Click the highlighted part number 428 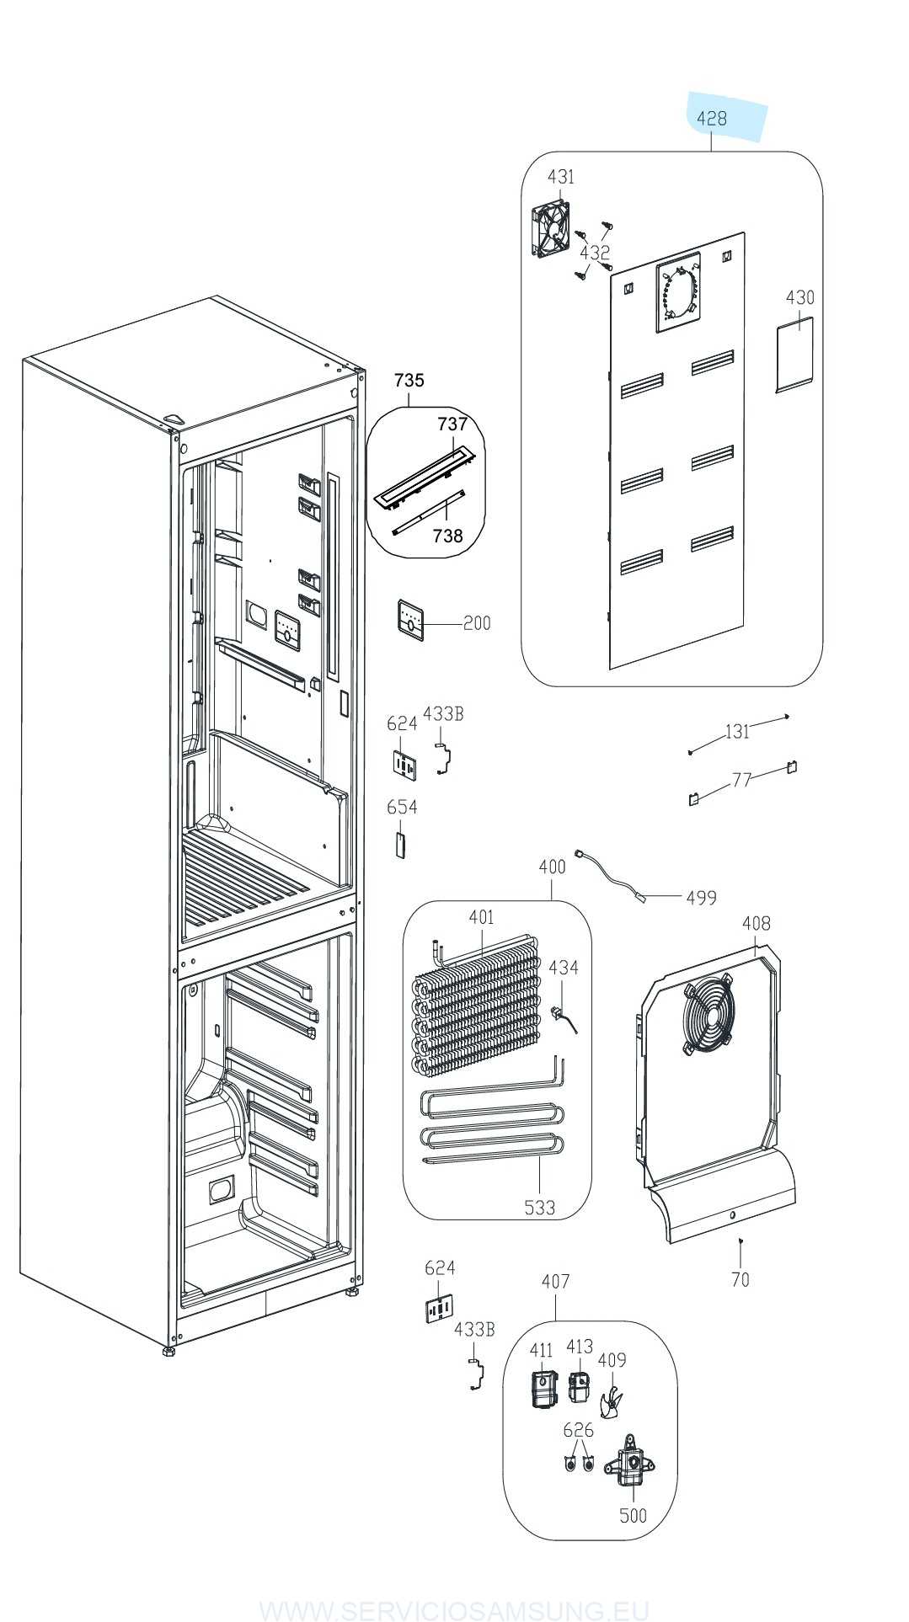[x=712, y=119]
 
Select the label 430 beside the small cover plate [x=799, y=297]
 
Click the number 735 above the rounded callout [x=409, y=380]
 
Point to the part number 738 [x=447, y=536]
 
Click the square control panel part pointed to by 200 [x=410, y=621]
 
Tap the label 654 [x=402, y=807]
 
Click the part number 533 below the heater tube [x=539, y=1208]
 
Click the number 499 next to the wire [x=701, y=898]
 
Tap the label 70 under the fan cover [x=740, y=1280]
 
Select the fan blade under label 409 [x=612, y=1403]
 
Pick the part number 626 [x=578, y=1430]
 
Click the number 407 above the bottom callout [x=555, y=1281]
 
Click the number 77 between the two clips [x=741, y=780]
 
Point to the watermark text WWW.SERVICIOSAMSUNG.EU [x=454, y=1609]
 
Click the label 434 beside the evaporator [x=564, y=968]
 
